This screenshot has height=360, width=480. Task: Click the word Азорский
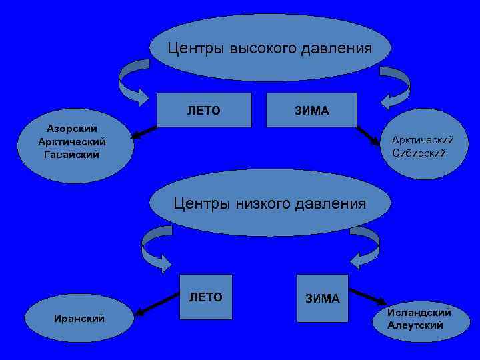72,128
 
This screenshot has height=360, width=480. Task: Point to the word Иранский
79,319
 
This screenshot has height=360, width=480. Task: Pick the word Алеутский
415,325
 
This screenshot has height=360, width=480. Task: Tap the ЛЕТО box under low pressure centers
206,297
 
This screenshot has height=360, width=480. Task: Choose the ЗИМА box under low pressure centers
323,298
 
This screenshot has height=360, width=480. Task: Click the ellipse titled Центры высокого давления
269,48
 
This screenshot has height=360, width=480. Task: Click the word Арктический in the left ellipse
72,141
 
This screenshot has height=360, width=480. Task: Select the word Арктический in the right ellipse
423,139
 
